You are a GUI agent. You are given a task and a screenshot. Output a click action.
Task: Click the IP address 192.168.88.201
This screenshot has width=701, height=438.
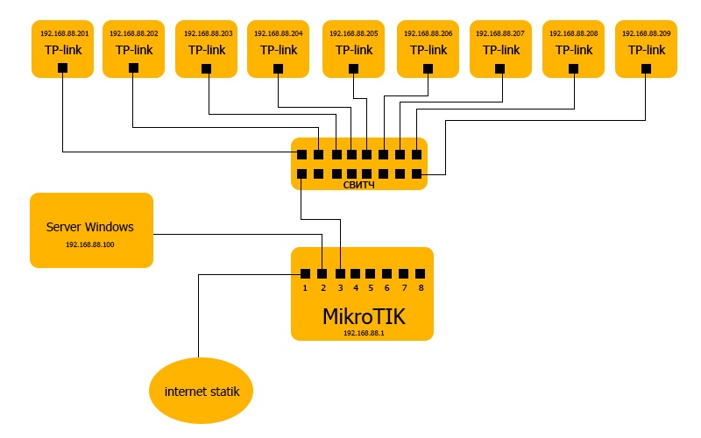tap(65, 33)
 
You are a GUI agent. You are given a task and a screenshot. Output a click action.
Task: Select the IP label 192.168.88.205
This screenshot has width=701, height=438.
tap(354, 33)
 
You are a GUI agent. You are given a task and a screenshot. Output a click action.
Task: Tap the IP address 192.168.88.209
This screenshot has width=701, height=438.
tap(647, 33)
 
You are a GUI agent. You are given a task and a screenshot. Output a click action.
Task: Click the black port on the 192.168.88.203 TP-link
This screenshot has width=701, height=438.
tap(207, 67)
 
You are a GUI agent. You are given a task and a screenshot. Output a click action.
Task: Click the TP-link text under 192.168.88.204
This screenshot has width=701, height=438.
tap(279, 50)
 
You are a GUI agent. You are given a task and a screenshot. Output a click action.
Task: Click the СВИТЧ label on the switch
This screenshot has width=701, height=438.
tap(359, 185)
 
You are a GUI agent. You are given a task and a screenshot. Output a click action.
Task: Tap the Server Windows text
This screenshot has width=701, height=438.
tap(90, 227)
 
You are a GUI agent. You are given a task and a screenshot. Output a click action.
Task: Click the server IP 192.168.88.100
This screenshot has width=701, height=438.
tap(90, 244)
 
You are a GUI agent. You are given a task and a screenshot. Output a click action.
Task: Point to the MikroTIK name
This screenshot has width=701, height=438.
tap(364, 315)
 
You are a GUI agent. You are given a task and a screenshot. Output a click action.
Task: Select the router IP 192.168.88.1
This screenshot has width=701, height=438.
tap(363, 333)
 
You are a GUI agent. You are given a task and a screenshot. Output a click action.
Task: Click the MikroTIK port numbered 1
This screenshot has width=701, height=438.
tap(305, 274)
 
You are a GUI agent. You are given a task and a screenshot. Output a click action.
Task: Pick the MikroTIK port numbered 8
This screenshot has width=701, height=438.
tap(421, 274)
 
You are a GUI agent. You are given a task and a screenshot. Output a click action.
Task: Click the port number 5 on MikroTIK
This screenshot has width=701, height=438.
tap(371, 287)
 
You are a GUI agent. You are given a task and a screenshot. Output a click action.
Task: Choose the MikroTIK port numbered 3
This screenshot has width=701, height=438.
tap(339, 274)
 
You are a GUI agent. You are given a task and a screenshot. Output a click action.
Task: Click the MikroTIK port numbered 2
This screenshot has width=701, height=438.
tap(322, 274)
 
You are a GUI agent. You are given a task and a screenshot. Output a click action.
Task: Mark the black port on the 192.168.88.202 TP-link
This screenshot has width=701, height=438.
tap(132, 67)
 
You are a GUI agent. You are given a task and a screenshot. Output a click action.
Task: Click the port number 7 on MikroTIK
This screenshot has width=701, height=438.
tap(404, 287)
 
